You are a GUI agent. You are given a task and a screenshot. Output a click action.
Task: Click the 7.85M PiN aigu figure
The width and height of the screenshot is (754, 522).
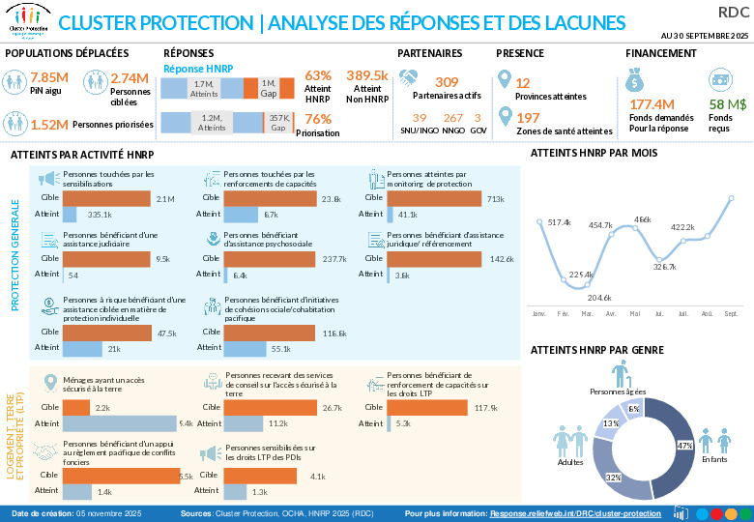49,78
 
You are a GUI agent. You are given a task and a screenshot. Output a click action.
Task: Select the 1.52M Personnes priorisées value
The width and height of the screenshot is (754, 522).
49,124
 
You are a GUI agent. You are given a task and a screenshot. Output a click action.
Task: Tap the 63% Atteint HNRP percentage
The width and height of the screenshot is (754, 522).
318,75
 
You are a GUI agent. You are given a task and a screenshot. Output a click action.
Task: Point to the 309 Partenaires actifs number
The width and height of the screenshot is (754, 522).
447,82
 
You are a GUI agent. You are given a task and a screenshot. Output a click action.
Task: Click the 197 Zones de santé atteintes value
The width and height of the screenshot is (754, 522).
528,117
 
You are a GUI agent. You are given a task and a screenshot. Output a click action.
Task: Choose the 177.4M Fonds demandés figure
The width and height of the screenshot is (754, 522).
652,104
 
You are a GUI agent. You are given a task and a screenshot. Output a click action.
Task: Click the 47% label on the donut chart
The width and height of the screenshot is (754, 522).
684,446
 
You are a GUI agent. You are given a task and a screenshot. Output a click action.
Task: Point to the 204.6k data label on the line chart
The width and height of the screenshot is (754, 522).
599,297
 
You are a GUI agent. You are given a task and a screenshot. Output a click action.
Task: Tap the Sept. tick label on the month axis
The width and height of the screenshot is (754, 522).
731,314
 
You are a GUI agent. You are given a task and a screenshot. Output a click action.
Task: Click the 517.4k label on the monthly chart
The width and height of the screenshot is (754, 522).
559,223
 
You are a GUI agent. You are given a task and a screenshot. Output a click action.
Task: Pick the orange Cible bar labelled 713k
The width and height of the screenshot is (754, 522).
434,199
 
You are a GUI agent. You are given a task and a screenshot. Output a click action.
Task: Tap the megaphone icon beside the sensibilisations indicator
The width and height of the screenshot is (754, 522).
46,178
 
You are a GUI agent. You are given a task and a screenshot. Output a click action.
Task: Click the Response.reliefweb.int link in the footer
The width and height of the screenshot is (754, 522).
575,513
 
